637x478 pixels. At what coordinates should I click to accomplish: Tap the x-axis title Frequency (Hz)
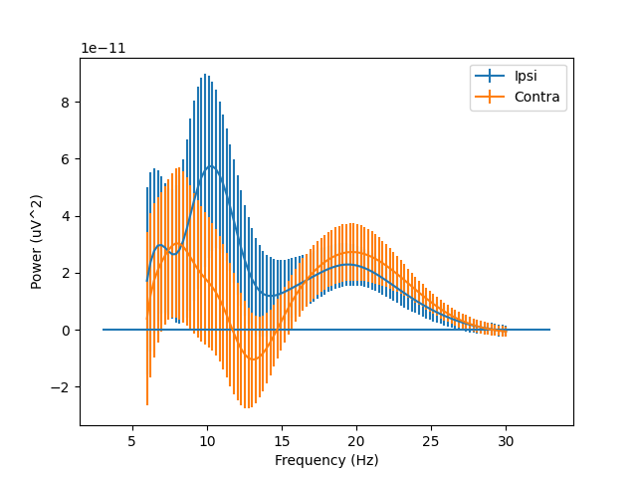[x=326, y=460]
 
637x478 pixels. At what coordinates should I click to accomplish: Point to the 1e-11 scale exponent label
[x=104, y=49]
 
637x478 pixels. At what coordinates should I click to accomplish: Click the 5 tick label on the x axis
[x=132, y=440]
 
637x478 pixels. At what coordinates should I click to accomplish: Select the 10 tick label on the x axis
[x=207, y=440]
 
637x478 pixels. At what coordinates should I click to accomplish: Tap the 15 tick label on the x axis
[x=282, y=440]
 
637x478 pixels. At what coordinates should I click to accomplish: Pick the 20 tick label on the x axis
[x=356, y=440]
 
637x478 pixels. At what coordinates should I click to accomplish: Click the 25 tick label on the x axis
[x=431, y=440]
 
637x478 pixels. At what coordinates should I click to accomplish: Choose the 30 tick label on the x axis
[x=506, y=440]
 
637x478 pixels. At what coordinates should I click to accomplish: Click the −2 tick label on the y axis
[x=64, y=387]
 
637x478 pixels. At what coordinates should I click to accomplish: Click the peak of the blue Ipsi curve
[x=210, y=166]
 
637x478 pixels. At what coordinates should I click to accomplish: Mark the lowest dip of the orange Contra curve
[x=252, y=359]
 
